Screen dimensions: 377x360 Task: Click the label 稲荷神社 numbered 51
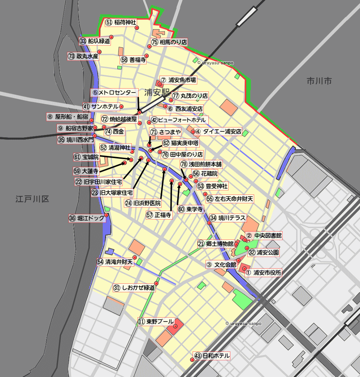(121, 22)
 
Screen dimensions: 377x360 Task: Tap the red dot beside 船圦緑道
(111, 37)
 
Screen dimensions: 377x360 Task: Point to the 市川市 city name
(319, 81)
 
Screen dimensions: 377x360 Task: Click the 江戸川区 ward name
(32, 199)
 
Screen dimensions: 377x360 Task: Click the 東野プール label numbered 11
(157, 322)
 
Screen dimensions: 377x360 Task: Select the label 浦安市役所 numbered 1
(263, 273)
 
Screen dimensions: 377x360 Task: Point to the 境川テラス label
(228, 218)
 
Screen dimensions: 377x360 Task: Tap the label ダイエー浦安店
(218, 131)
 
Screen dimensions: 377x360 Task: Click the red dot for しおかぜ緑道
(156, 283)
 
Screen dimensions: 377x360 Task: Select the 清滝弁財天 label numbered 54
(115, 262)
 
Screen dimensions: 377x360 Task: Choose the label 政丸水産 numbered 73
(83, 56)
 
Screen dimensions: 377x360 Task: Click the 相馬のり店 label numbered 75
(169, 42)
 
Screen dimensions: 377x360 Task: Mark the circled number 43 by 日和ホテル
(197, 356)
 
